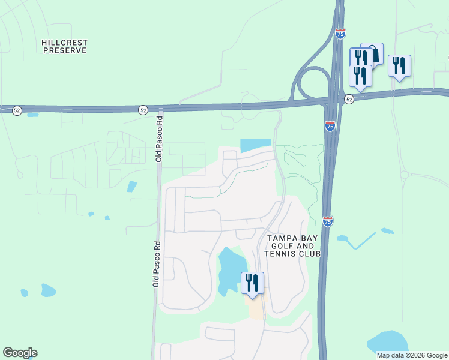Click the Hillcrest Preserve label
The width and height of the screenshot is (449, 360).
64,47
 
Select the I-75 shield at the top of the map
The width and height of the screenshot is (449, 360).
340,34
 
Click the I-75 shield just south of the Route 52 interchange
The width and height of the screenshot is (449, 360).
330,126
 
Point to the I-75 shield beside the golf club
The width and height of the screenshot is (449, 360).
327,221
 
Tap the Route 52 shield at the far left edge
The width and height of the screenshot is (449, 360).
17,110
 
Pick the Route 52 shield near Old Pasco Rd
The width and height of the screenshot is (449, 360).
143,110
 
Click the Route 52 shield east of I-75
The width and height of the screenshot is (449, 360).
349,98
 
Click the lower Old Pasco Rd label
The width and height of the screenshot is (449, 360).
155,263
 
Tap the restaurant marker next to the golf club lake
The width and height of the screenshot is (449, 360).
252,283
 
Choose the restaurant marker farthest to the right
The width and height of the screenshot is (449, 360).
399,65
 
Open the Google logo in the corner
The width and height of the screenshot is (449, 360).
20,353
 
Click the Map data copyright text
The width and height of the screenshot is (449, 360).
411,355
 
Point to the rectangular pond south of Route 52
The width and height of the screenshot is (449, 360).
255,146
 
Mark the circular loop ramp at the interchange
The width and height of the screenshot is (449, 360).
312,83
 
